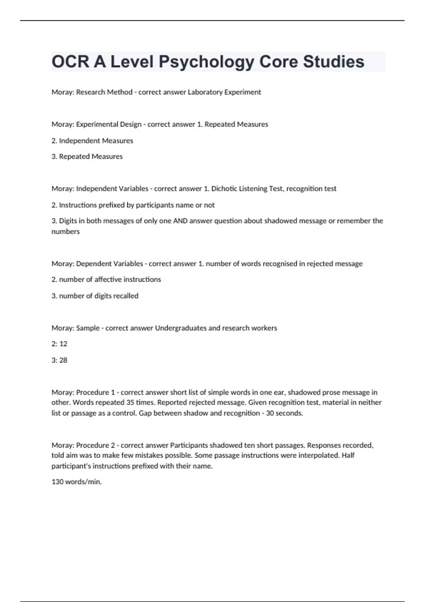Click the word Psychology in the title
(x=206, y=62)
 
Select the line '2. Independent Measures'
(x=92, y=141)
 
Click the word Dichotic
(x=224, y=189)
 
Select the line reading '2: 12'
(x=59, y=344)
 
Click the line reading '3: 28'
(x=59, y=360)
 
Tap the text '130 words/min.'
(x=77, y=482)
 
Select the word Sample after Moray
(x=88, y=328)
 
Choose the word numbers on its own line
(x=66, y=232)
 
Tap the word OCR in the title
(x=70, y=62)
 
